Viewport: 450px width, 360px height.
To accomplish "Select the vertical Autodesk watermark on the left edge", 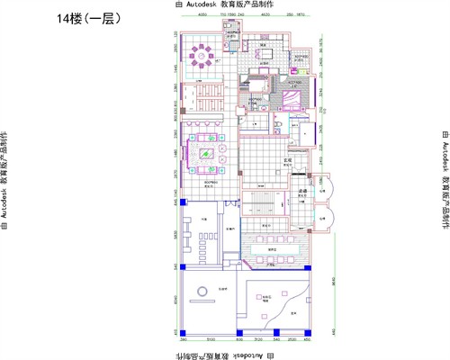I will click(x=5, y=181).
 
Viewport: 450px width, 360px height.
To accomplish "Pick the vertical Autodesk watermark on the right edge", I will click(x=444, y=181).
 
